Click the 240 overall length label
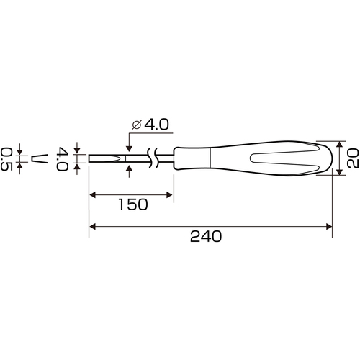click(x=206, y=236)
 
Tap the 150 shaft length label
click(x=133, y=204)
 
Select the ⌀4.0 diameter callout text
click(x=150, y=125)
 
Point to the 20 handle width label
click(x=353, y=158)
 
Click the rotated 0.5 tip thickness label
click(x=6, y=159)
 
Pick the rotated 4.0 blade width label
click(x=62, y=159)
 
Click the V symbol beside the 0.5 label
click(x=40, y=159)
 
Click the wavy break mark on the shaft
click(x=153, y=158)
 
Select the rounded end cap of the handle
click(x=330, y=158)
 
